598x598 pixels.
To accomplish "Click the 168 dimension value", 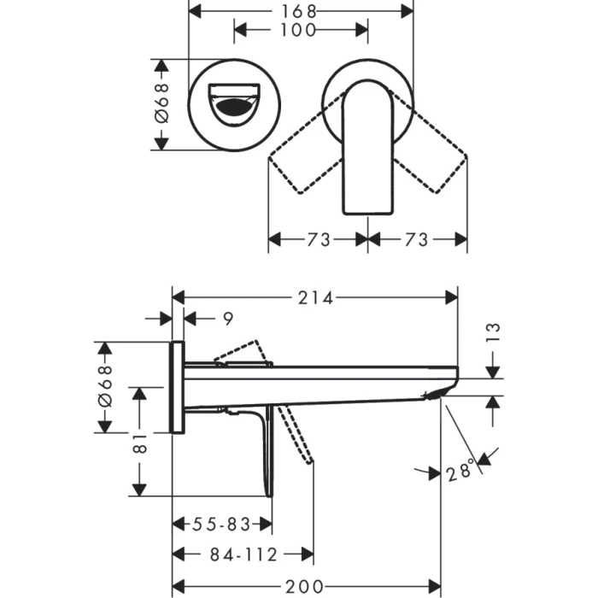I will tap(300, 11).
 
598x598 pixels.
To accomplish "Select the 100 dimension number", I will tap(300, 31).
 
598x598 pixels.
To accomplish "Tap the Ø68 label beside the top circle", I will tap(162, 103).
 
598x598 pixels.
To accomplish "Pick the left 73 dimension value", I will tap(319, 240).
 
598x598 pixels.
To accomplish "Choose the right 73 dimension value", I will tap(416, 240).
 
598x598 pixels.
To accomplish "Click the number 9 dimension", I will tap(227, 320).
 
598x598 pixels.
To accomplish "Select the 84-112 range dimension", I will tap(243, 555).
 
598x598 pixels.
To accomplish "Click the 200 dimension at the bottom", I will tap(304, 586).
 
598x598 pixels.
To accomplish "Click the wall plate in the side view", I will tap(178, 387).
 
